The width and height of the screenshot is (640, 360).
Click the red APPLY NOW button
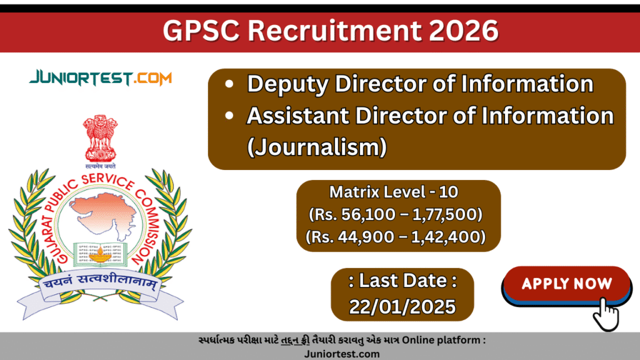[566, 284]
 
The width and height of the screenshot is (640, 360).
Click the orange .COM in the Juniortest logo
[148, 79]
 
